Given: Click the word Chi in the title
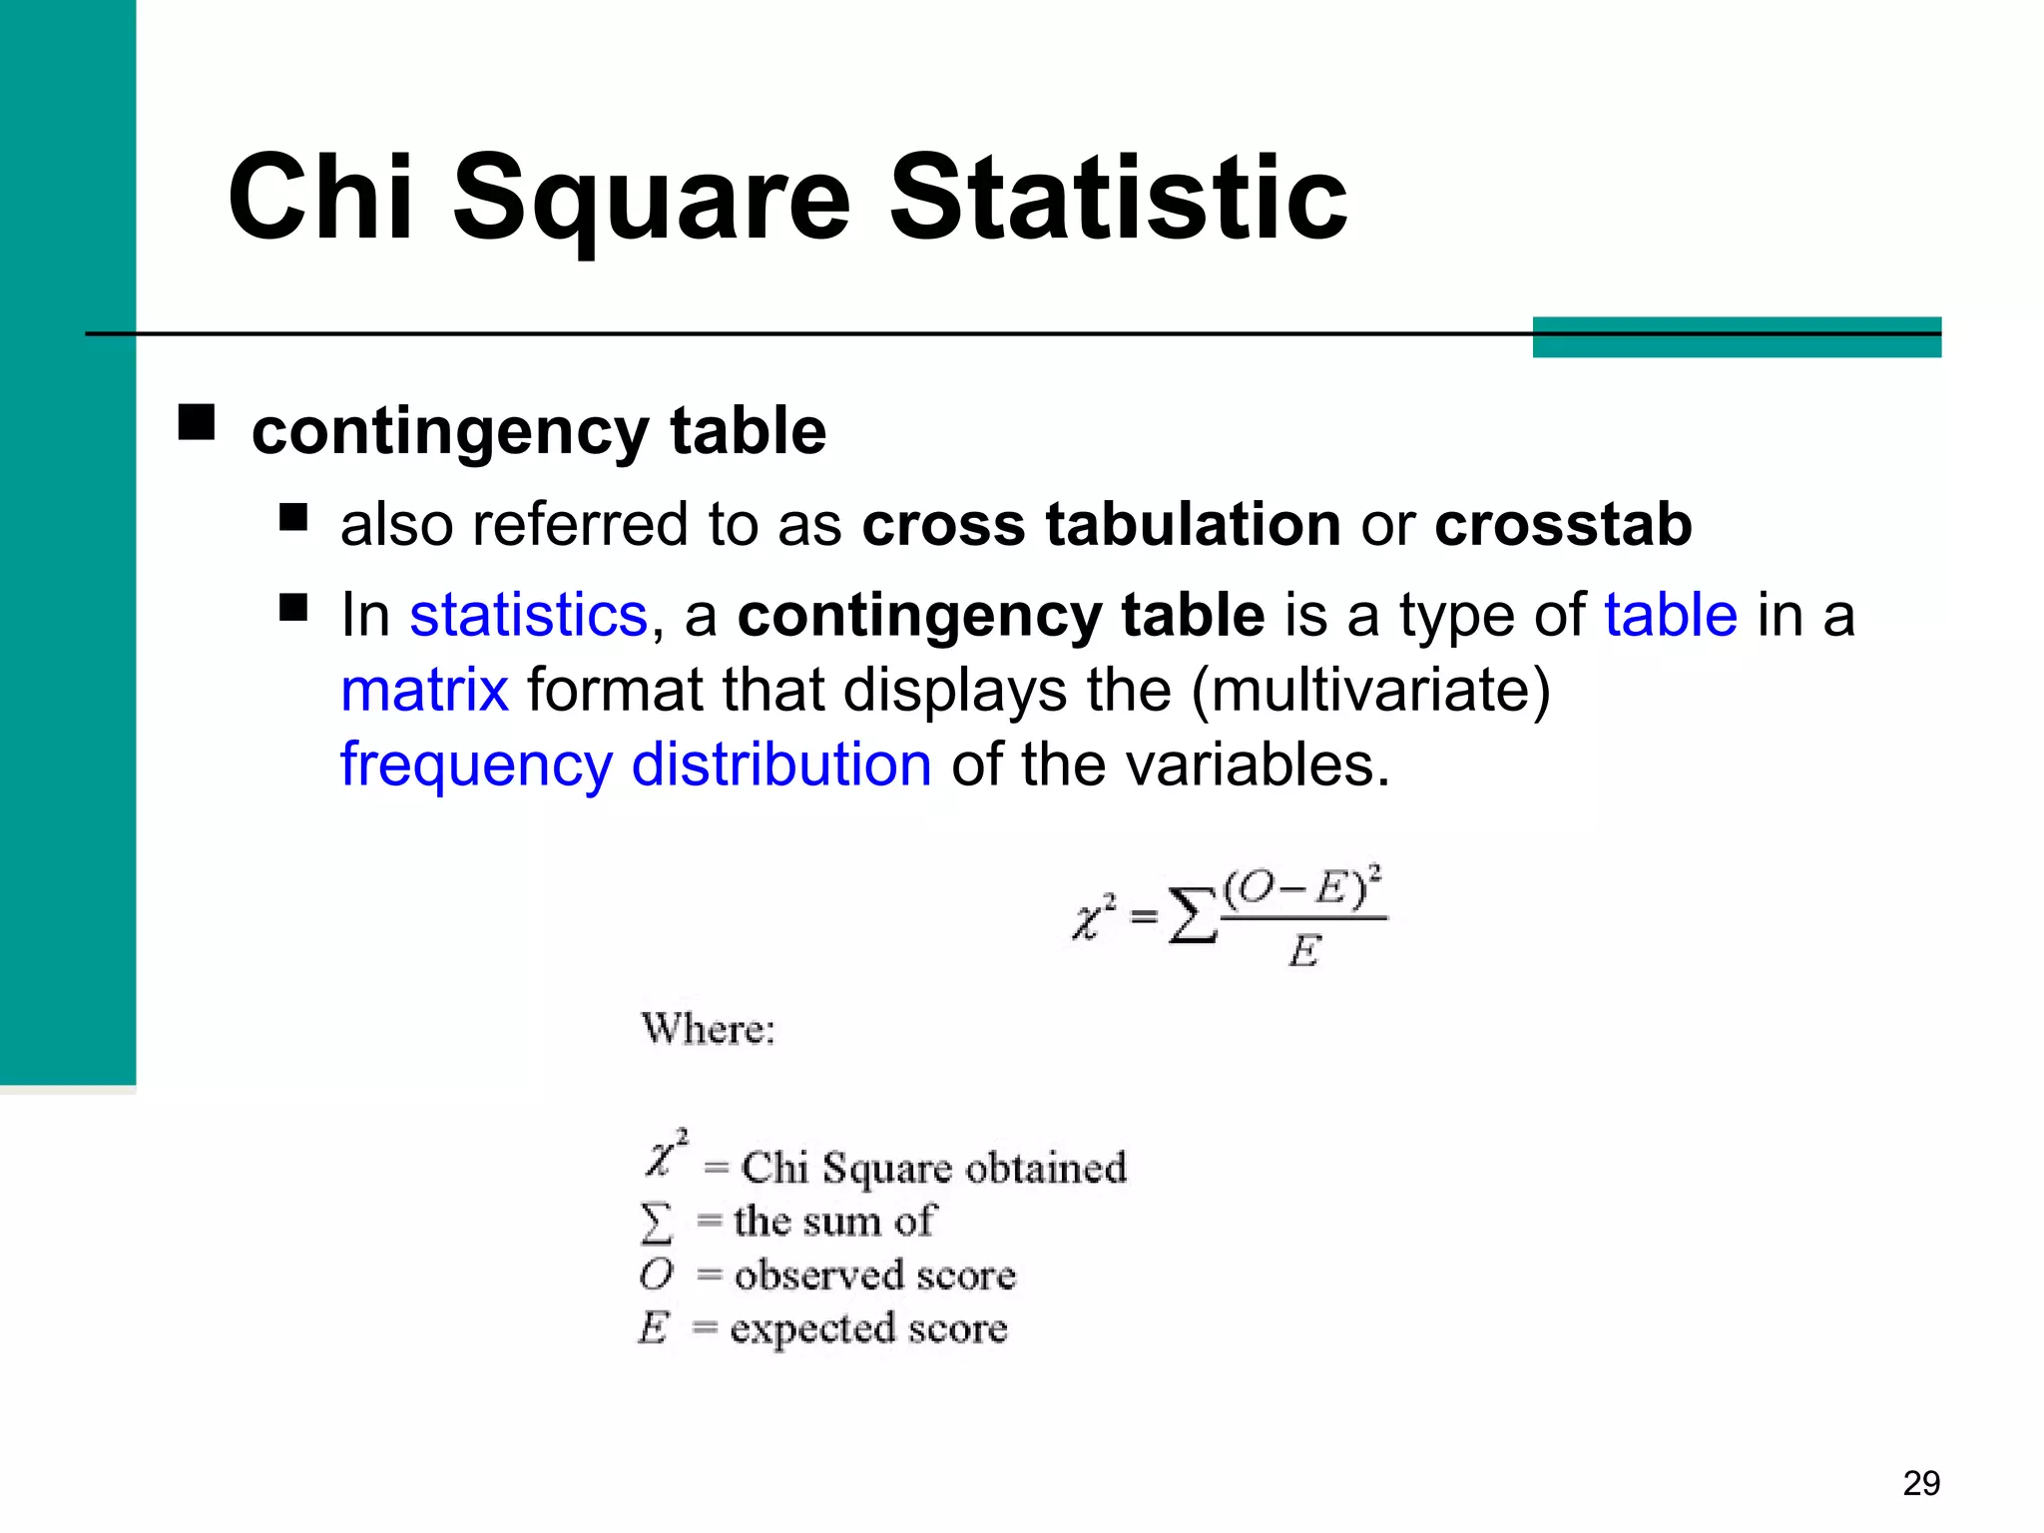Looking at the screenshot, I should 319,198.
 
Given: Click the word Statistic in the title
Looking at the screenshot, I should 1118,198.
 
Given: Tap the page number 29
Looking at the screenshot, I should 1921,1483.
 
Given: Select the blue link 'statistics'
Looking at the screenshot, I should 528,615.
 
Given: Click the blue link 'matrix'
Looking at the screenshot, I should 424,690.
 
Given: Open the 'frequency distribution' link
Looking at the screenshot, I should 636,766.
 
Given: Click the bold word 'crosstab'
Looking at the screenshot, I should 1563,524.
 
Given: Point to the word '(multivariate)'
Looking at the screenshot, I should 1371,690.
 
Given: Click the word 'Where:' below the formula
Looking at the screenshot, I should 708,1029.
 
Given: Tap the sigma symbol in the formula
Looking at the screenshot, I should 1193,916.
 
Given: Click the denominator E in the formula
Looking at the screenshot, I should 1304,951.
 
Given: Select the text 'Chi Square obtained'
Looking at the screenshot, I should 933,1168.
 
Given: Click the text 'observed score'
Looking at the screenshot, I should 874,1276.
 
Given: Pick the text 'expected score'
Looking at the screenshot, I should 868,1328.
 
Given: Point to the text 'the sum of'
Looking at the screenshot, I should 833,1222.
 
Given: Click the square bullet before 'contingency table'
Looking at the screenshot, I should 197,422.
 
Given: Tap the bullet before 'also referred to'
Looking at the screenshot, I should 293,517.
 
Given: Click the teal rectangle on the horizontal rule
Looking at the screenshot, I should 1737,337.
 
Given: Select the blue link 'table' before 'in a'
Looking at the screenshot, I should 1671,615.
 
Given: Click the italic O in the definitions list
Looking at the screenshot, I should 657,1275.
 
